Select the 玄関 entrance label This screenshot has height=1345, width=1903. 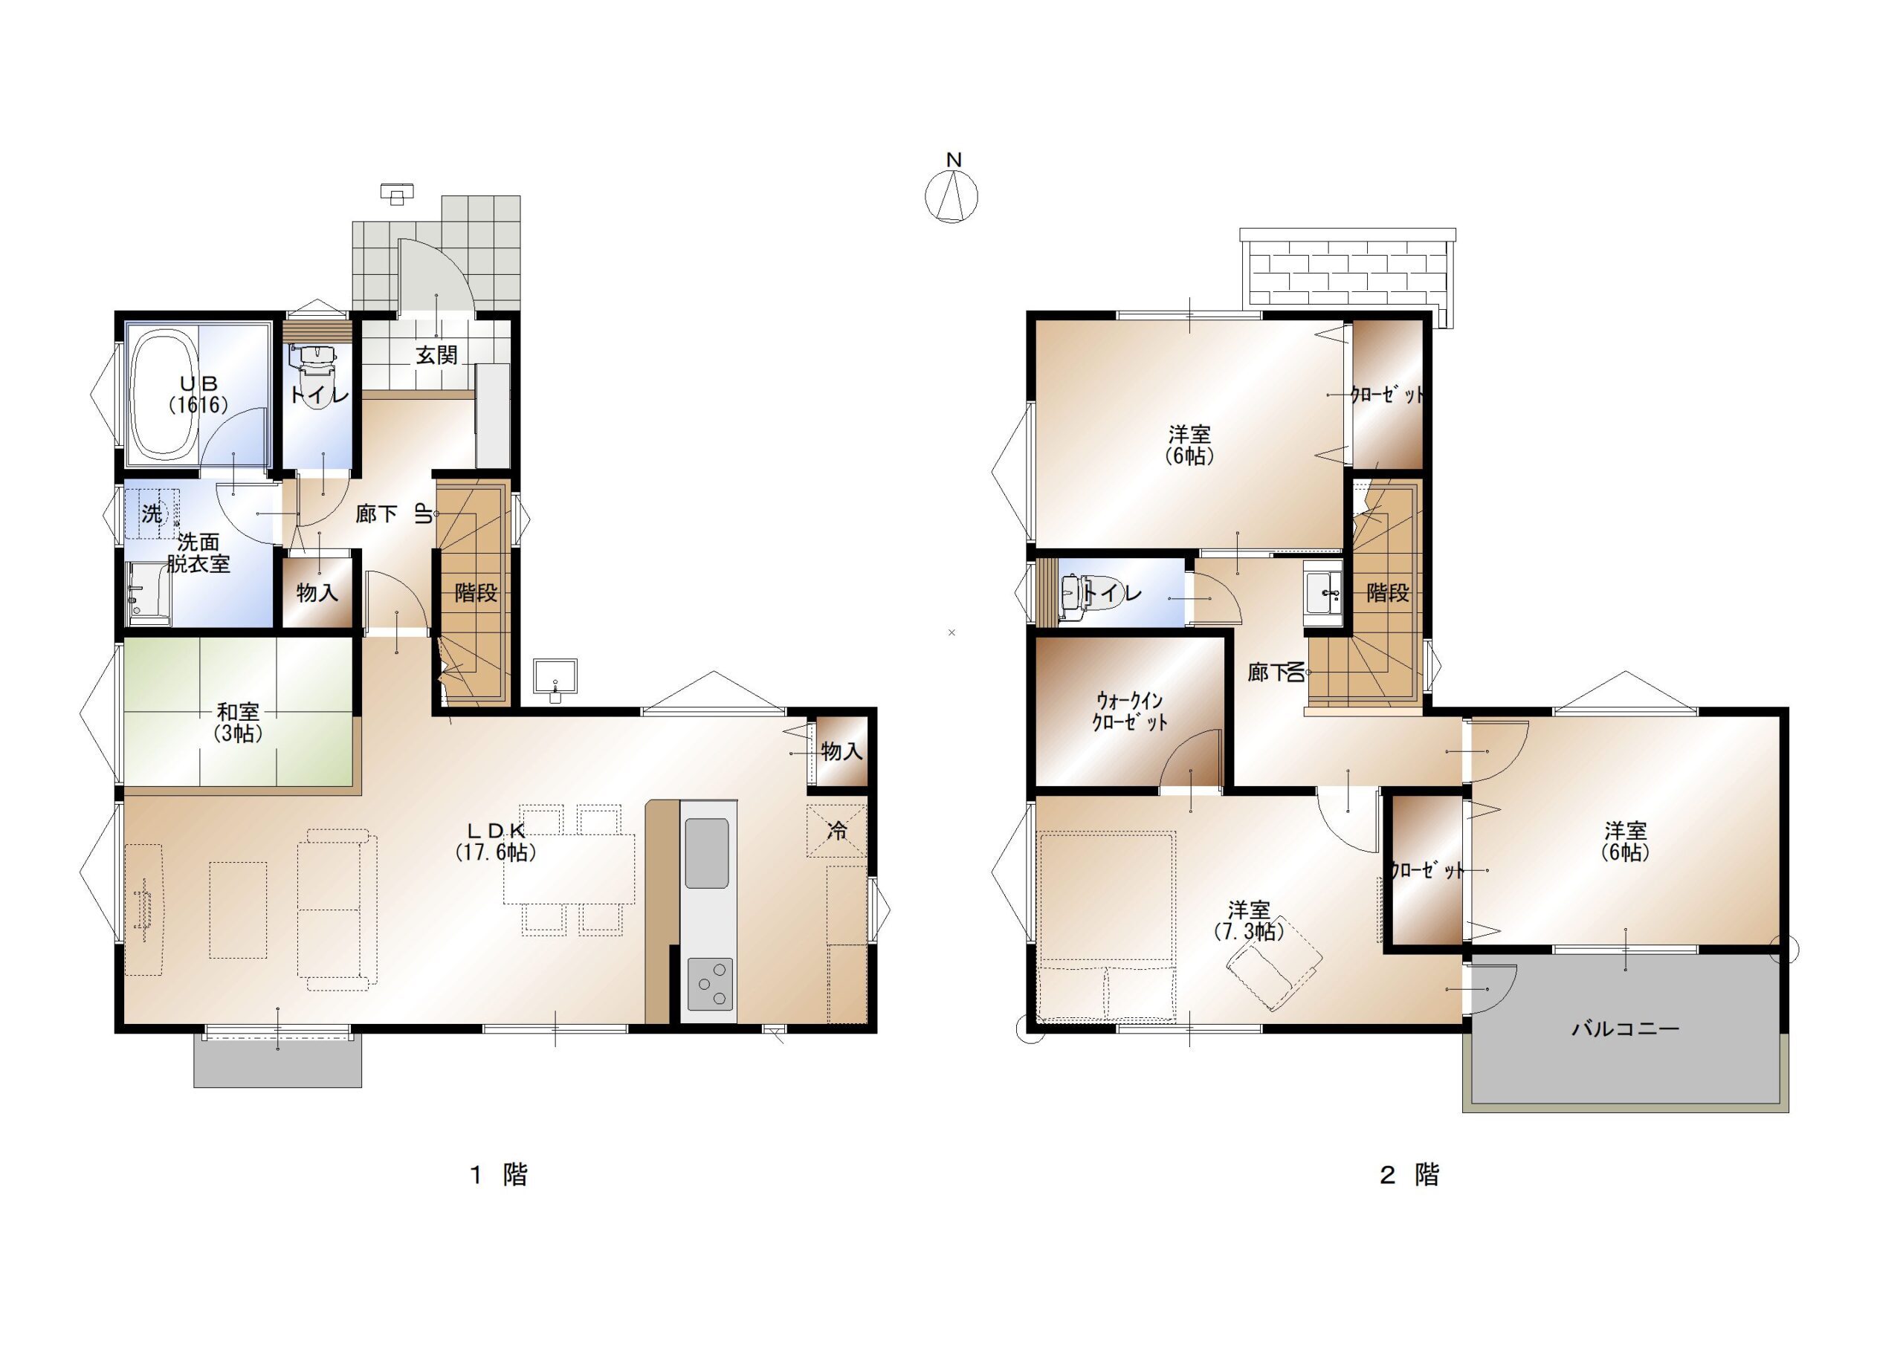437,355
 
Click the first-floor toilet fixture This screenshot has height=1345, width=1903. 312,366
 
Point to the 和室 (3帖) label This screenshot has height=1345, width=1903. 238,722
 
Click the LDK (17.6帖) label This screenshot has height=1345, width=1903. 496,841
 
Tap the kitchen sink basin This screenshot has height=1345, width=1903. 707,853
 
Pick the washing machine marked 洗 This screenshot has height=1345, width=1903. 152,513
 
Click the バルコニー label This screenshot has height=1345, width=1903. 1625,1029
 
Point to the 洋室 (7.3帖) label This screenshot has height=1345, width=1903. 1248,921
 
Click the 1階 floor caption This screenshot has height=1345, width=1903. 499,1174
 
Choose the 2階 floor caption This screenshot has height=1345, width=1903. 1409,1174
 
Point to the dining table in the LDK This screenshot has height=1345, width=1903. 569,869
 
